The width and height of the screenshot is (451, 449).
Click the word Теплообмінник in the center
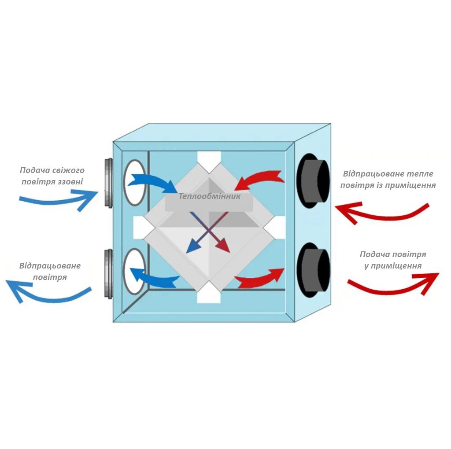[x=209, y=196]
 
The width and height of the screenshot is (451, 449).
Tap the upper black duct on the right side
[x=314, y=181]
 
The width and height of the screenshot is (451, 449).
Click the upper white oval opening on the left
[x=135, y=183]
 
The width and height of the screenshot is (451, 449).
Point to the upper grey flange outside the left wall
[x=108, y=182]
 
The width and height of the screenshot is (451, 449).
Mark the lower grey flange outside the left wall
[x=108, y=273]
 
